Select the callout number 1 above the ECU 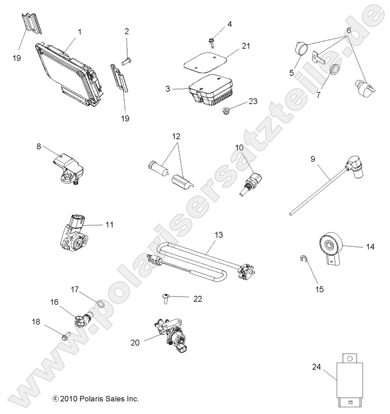79,32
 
